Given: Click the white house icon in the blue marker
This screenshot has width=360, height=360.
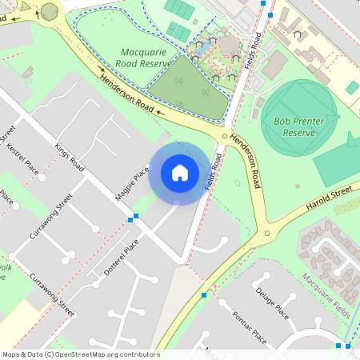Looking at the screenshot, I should coord(179,172).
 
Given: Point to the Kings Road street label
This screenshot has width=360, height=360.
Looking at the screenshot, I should coord(70,158).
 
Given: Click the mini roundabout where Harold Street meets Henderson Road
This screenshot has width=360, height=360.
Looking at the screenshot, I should coord(267,234).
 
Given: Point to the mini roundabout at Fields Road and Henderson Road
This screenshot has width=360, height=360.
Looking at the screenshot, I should coord(225,137).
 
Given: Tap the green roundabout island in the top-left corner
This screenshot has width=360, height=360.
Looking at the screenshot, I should coord(50,11).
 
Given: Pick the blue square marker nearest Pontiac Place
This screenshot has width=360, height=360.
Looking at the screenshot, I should coord(205,295).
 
